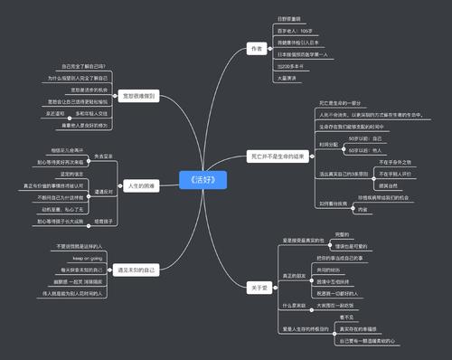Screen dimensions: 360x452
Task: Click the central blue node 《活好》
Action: coord(202,178)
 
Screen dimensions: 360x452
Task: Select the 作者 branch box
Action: coord(257,48)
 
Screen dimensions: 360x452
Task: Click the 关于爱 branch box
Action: coord(259,287)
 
